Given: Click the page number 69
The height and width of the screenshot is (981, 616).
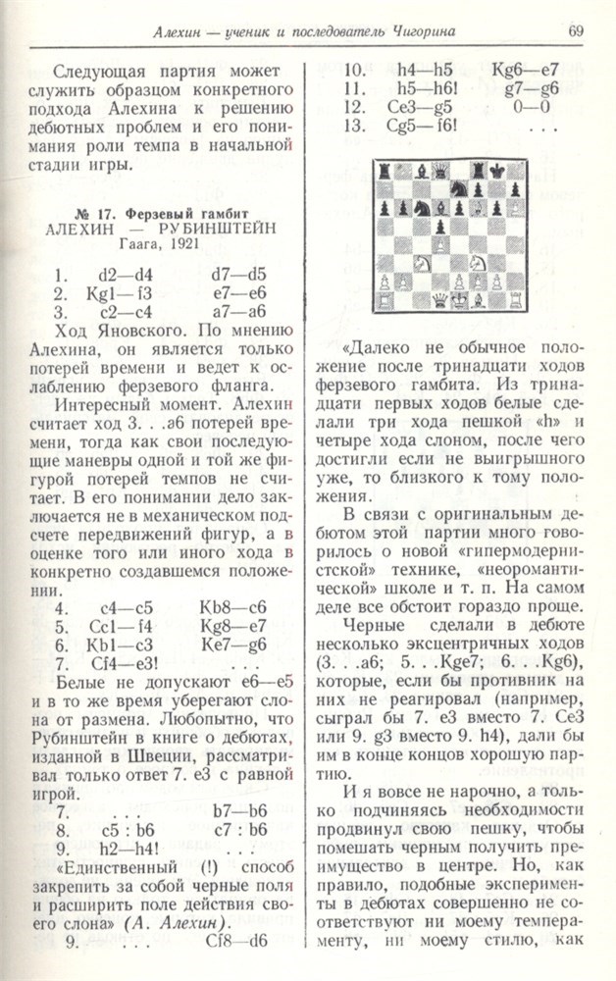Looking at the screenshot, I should coord(576,33).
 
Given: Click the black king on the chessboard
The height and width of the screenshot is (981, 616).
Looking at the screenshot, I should coord(496,172).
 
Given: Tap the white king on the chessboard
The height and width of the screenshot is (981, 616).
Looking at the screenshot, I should coord(459,299).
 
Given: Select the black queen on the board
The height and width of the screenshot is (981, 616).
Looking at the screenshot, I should coord(440,172).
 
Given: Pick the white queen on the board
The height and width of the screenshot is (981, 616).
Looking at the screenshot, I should coord(440,299).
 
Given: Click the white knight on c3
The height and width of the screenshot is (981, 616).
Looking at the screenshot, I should coord(422,262).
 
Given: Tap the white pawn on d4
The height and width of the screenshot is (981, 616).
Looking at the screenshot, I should coord(440,244).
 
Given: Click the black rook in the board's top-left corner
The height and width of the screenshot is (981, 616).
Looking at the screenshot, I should coord(385,172).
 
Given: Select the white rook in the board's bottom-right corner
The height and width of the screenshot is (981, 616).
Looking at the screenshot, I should coord(515,299).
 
